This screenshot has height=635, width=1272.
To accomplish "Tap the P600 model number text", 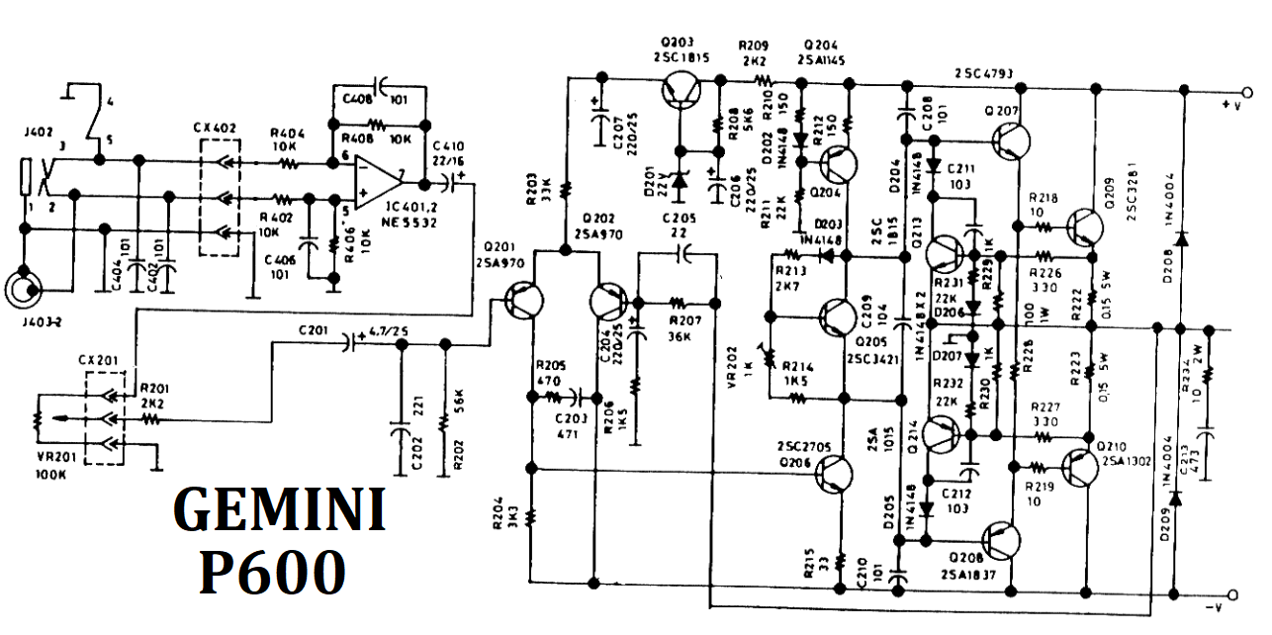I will coord(273,573).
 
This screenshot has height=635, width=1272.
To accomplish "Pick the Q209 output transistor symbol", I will coord(1085,227).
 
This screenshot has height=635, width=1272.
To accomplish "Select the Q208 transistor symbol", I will coord(1003,540).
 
